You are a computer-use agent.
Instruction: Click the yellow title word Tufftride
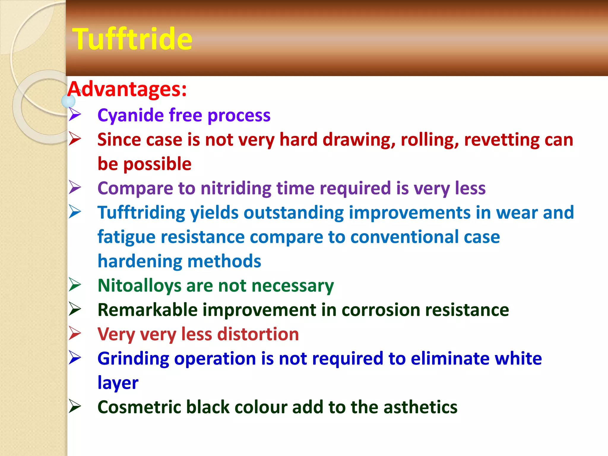pyautogui.click(x=132, y=39)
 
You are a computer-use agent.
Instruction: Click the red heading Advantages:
pyautogui.click(x=127, y=89)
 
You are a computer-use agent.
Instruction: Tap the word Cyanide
pyautogui.click(x=130, y=115)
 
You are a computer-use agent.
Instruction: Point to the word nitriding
pyautogui.click(x=236, y=188)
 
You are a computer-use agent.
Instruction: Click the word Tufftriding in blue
pyautogui.click(x=141, y=213)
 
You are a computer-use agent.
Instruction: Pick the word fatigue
pyautogui.click(x=126, y=237)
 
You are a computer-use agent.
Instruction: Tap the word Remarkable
pyautogui.click(x=148, y=310)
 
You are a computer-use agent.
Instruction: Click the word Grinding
pyautogui.click(x=133, y=359)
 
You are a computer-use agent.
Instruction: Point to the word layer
pyautogui.click(x=118, y=383)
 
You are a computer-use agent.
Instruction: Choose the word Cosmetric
pyautogui.click(x=139, y=407)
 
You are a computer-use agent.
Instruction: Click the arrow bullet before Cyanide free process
pyautogui.click(x=75, y=115)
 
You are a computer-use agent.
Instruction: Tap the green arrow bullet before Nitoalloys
pyautogui.click(x=75, y=285)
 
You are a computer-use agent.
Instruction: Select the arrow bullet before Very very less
pyautogui.click(x=75, y=333)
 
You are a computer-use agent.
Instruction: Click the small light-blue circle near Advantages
pyautogui.click(x=68, y=101)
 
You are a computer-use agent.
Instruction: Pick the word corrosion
pyautogui.click(x=381, y=310)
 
